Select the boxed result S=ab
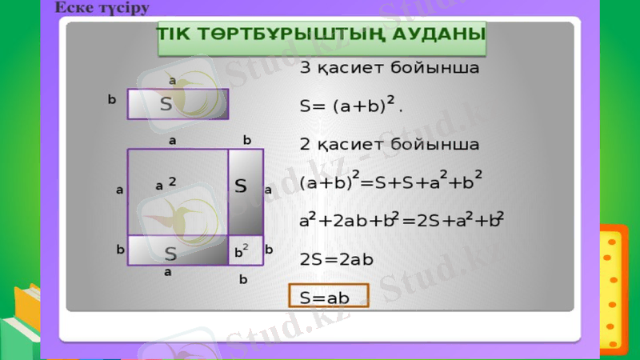327,297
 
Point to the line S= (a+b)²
350,105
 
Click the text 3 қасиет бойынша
389,68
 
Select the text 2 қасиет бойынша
389,145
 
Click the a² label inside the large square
166,185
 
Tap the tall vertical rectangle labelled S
241,190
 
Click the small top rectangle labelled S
178,104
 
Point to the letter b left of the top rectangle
111,100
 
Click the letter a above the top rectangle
171,80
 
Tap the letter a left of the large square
119,190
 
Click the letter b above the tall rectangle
247,140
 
